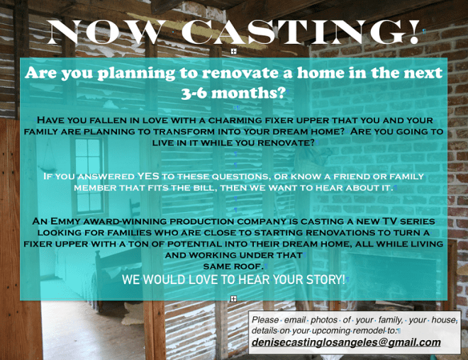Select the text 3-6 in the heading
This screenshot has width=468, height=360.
pos(200,92)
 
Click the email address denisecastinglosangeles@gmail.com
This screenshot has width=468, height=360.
pos(346,342)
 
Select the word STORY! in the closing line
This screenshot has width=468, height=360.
pos(321,279)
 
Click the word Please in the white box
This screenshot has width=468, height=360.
pos(266,320)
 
